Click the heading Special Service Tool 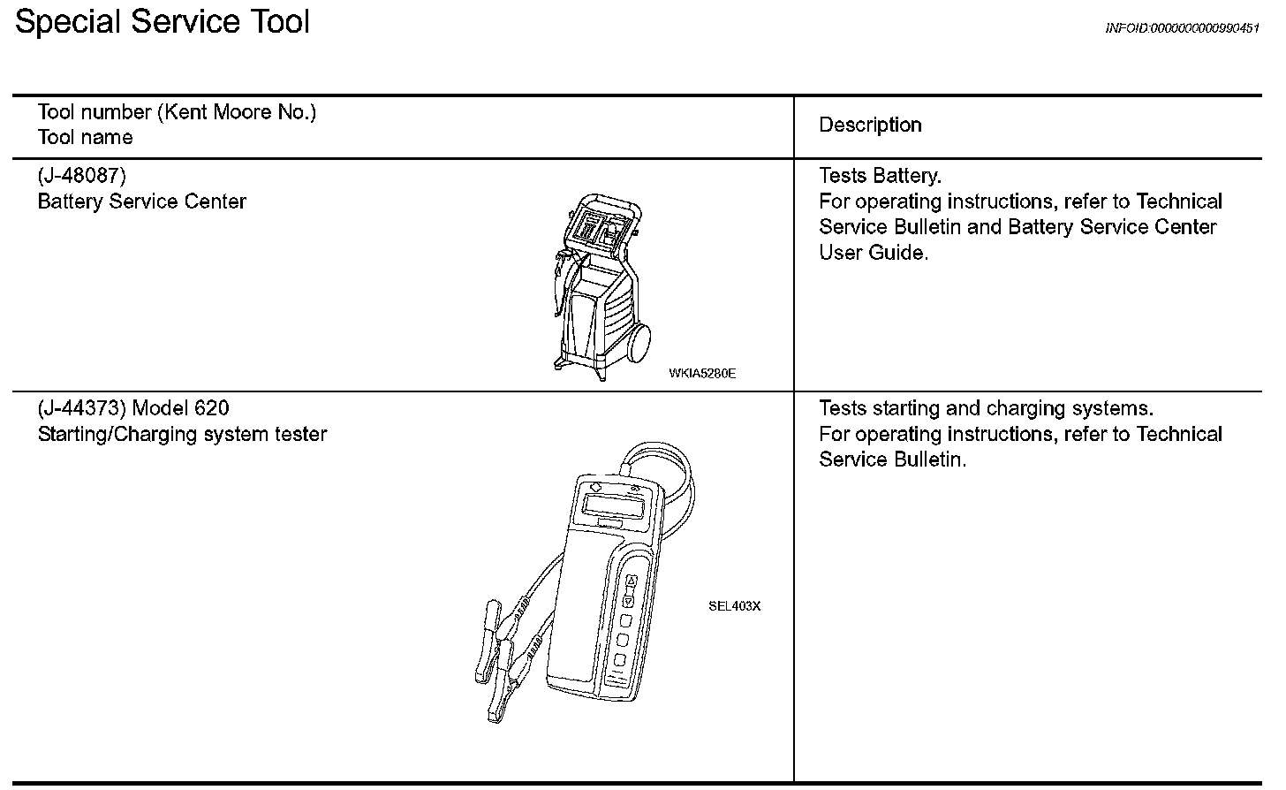(163, 21)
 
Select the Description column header (870, 125)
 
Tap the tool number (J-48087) (82, 176)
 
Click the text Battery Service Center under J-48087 (142, 201)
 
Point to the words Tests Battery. (880, 176)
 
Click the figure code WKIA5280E (702, 373)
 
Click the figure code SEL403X (734, 606)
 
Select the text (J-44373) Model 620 (133, 408)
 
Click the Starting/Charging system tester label (182, 435)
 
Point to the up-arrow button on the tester (631, 581)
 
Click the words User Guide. (873, 253)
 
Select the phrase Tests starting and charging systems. (986, 408)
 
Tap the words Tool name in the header (85, 138)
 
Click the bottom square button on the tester (620, 660)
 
